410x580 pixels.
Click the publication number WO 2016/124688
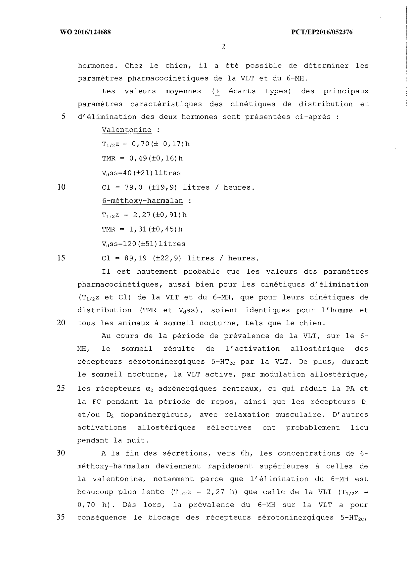click(85, 32)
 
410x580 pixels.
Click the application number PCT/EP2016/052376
click(322, 32)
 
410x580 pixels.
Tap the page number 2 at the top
click(223, 47)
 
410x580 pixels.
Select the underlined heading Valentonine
click(127, 130)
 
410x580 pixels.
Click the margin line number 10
click(62, 187)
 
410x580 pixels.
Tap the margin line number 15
click(62, 258)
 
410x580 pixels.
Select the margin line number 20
click(61, 323)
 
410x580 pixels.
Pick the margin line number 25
click(61, 388)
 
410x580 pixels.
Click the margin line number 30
click(61, 453)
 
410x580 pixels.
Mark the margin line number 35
click(61, 517)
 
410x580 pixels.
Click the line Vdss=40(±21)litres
click(141, 173)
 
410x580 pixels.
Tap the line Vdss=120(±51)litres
click(144, 244)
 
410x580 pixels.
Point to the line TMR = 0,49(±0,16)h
click(142, 158)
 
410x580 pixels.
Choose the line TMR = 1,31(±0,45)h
click(142, 229)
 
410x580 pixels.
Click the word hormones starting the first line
click(98, 66)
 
